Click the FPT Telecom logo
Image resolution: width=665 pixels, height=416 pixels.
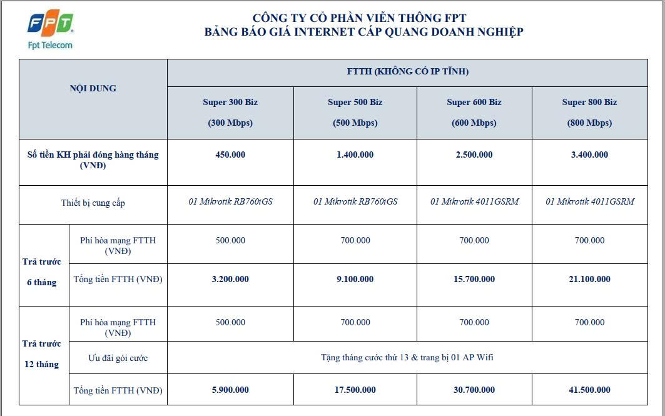tap(51, 29)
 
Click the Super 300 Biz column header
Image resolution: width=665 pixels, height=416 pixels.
tap(230, 112)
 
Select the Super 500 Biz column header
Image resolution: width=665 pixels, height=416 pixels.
tap(355, 112)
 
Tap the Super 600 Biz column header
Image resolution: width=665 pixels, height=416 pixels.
tap(474, 112)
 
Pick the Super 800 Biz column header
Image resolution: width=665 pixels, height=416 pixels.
tap(589, 112)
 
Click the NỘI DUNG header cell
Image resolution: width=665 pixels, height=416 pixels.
tap(93, 88)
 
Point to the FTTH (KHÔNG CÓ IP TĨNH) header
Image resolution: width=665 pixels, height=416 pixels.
tap(407, 71)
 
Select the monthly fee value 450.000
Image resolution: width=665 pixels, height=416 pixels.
tap(230, 155)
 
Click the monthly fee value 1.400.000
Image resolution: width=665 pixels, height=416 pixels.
tap(355, 155)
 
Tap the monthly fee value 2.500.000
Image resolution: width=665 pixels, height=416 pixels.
tap(474, 155)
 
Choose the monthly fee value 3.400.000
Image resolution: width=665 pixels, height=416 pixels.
tap(589, 155)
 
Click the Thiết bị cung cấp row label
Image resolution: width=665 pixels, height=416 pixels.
tap(93, 203)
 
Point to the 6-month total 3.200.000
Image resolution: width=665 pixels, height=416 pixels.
tap(230, 279)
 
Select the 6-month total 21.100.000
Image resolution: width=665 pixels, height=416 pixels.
tap(589, 279)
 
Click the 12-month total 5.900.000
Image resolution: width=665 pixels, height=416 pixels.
tap(230, 390)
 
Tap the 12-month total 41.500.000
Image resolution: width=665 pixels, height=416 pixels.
tap(589, 390)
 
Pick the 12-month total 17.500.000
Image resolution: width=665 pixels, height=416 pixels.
tap(355, 390)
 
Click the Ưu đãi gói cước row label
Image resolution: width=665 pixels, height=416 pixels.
tap(118, 358)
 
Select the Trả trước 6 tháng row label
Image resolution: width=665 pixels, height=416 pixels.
tap(42, 272)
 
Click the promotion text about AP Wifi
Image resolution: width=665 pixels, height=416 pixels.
tap(407, 358)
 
